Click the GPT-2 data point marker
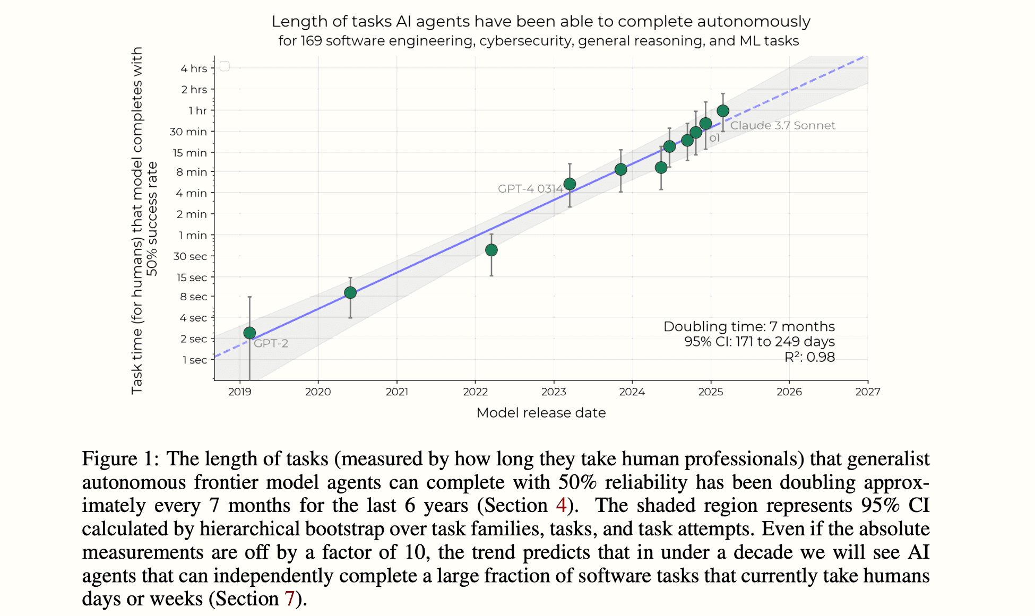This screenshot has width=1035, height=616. tap(249, 333)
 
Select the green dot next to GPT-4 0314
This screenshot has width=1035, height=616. tap(570, 184)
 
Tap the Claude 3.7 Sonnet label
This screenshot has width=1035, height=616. tap(782, 126)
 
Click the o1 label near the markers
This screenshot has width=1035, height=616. tap(714, 138)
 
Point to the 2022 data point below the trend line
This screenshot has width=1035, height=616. tap(491, 250)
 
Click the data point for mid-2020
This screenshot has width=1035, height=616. tap(350, 293)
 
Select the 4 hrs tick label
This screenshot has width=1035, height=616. tap(194, 68)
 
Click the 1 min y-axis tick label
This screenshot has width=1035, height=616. tap(193, 235)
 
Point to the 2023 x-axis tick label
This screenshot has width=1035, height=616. tap(554, 392)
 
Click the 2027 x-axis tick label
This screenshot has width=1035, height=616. tap(867, 392)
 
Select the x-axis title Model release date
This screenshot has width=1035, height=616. tap(541, 413)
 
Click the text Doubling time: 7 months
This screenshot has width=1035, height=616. tap(748, 326)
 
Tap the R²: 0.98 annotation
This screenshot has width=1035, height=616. tap(809, 357)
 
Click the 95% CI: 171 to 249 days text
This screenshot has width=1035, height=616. tap(759, 342)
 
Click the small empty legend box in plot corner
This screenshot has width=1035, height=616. tap(225, 66)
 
